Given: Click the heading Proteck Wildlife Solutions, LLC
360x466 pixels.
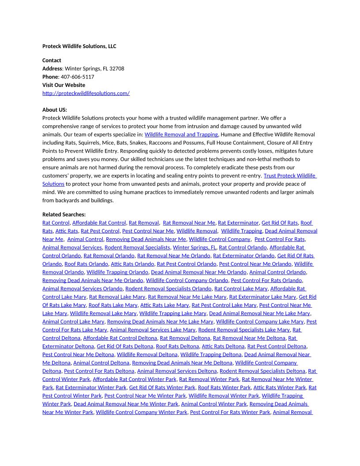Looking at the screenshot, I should [79, 46].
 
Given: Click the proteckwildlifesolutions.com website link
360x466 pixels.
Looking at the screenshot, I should [86, 93].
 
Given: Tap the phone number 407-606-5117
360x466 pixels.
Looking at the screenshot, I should [77, 77].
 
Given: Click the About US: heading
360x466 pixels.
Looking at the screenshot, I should [55, 110].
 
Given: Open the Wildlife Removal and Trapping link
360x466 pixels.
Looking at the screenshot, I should [181, 134].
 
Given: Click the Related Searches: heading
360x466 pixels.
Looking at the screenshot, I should [64, 214].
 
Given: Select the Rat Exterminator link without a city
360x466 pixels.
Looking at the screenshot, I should [238, 223].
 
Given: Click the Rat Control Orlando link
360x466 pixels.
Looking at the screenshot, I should [243, 248].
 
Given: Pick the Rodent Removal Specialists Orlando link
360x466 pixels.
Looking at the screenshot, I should [168, 289].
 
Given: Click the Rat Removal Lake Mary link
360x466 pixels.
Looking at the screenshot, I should [117, 297].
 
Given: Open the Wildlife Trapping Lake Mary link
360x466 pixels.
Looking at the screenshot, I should [172, 313].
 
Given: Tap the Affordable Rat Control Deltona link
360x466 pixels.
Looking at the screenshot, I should [120, 338].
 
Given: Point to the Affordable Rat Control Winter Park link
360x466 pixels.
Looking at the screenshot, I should [135, 379].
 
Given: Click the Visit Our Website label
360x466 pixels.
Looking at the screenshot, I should [64, 85].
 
